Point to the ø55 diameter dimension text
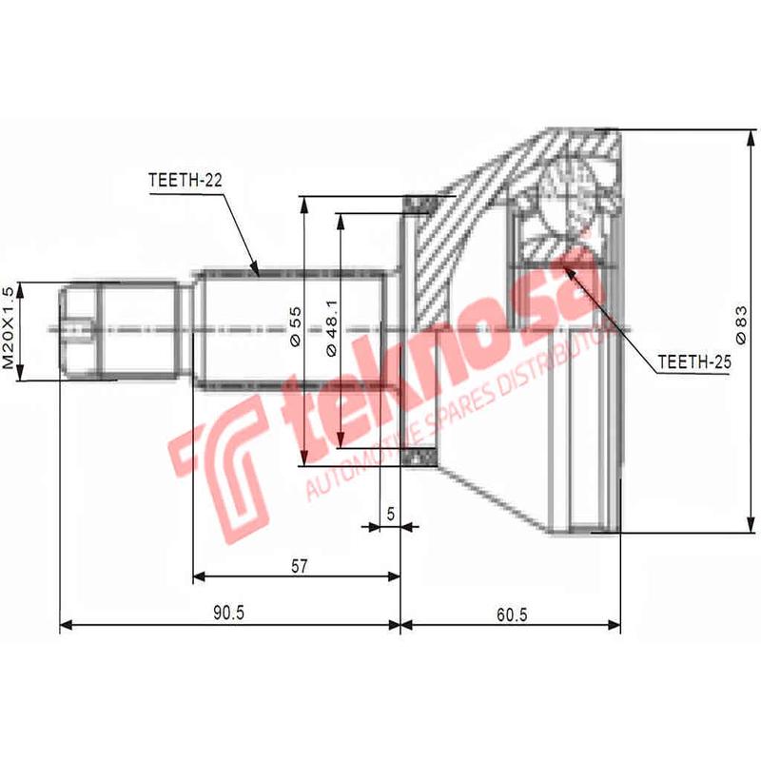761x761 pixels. (x=294, y=326)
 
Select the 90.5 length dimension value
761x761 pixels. (x=228, y=614)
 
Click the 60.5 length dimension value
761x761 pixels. (x=511, y=614)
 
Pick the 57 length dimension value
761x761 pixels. (x=299, y=566)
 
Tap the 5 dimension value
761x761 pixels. (x=390, y=513)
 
